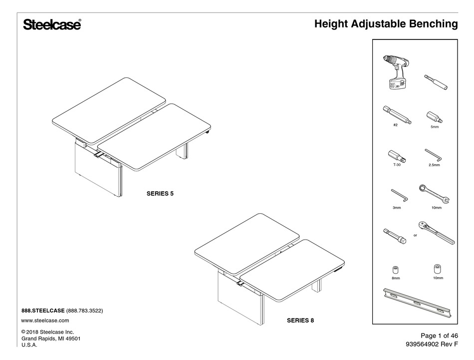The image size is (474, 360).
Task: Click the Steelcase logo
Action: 52,25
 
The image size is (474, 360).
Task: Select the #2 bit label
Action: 395,126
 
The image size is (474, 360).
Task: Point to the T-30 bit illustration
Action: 398,155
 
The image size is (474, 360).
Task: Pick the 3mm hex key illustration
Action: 399,194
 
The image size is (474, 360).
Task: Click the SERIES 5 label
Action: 160,192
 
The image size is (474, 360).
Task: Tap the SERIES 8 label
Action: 300,320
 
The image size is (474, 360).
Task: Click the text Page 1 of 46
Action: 433,336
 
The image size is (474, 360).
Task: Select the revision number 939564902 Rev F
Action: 426,345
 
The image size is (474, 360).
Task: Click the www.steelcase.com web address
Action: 45,320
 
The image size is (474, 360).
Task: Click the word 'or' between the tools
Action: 415,234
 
